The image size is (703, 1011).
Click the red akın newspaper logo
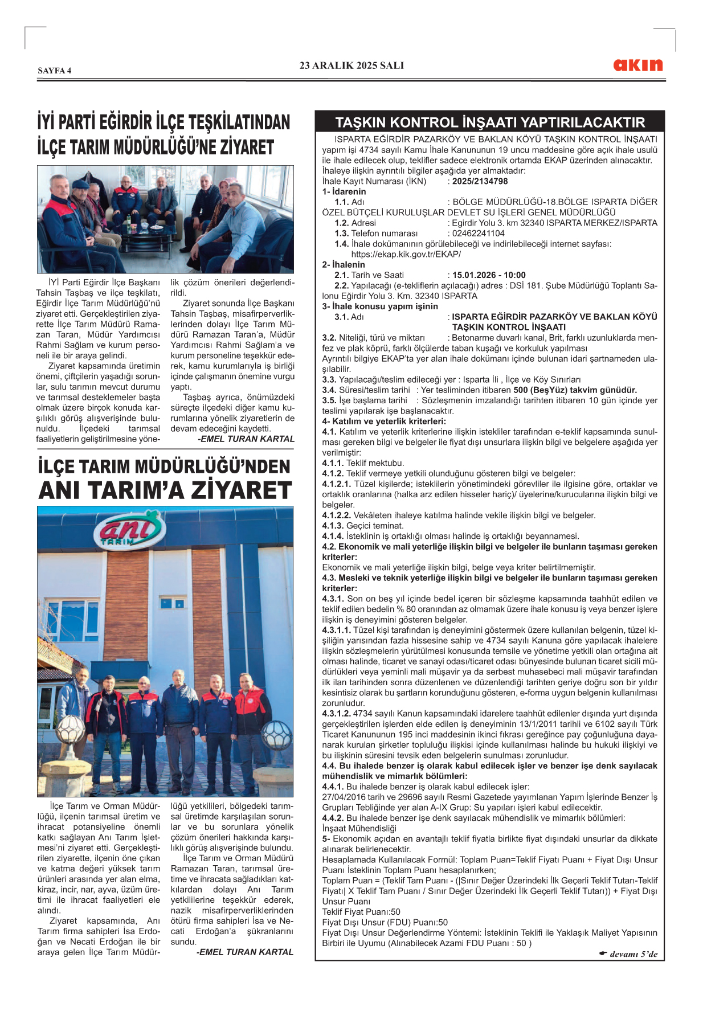tap(637, 65)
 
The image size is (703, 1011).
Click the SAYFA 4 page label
tap(55, 71)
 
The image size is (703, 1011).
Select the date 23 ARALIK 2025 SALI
tap(351, 66)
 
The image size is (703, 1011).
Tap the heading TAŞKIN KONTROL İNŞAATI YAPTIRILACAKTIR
tap(489, 122)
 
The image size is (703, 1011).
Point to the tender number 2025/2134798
tap(480, 181)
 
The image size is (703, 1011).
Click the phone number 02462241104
tap(478, 233)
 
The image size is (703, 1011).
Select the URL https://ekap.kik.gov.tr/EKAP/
tap(406, 254)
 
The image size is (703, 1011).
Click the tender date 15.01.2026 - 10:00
tap(489, 275)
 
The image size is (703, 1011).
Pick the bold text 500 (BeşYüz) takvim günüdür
tap(575, 390)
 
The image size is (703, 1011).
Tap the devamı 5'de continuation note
tap(628, 954)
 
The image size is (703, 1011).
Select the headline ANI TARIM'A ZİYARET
tap(165, 490)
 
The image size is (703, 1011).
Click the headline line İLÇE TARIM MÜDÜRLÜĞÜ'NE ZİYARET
tap(156, 148)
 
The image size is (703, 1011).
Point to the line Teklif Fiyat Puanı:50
tap(361, 912)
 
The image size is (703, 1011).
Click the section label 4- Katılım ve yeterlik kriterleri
tap(384, 421)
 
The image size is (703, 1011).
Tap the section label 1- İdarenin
tap(344, 191)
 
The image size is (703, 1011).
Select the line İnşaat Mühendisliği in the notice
tap(359, 828)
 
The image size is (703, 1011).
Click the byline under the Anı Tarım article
tap(245, 952)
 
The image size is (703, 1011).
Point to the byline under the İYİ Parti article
tap(246, 439)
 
